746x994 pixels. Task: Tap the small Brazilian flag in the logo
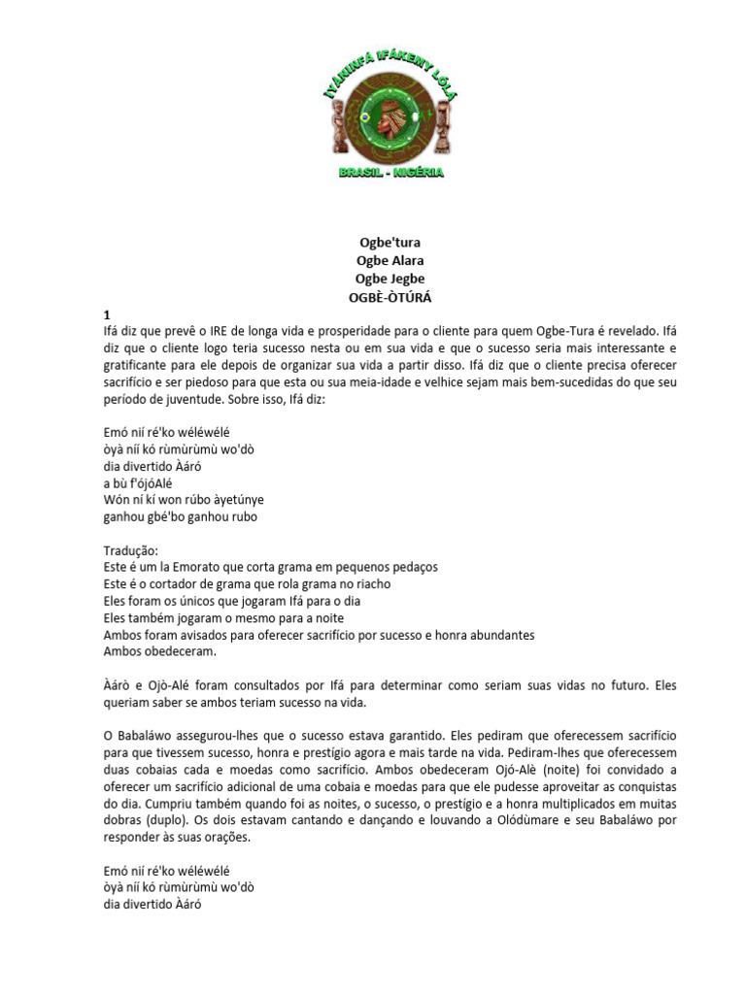coord(364,117)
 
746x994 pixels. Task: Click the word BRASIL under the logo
coord(358,172)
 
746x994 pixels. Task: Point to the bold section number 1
coord(107,315)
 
